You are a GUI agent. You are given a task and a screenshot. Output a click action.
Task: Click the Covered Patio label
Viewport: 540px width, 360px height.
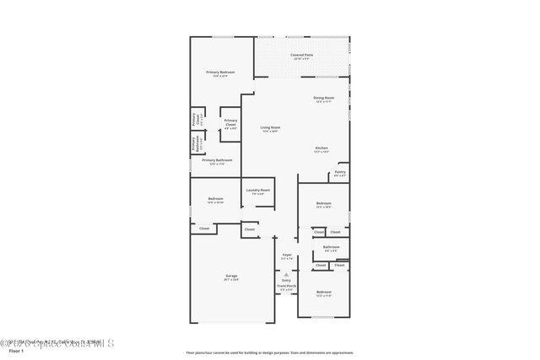coord(301,55)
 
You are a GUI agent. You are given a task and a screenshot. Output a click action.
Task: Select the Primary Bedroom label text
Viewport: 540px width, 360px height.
coord(220,73)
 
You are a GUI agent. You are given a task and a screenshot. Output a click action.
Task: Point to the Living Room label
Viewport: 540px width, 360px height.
coord(270,127)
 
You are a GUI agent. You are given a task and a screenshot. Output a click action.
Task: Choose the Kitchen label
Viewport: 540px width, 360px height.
coord(321,148)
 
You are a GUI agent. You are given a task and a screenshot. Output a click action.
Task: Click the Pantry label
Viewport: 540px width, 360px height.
coord(339,172)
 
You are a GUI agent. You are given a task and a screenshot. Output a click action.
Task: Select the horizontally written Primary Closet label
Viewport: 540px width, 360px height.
coord(230,121)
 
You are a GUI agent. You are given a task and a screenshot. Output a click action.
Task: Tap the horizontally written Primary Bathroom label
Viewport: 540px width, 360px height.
coord(217,160)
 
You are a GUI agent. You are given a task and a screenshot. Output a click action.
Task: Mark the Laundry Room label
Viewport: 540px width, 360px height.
coord(258,191)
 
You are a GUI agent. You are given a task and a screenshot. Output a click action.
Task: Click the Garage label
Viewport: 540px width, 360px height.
coord(231,277)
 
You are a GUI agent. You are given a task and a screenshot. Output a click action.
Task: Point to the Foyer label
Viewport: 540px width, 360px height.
coord(287,255)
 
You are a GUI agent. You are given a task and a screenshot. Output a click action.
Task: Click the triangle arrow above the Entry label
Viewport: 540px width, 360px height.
coord(287,274)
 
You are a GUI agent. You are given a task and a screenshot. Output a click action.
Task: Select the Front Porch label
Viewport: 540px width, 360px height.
coord(287,287)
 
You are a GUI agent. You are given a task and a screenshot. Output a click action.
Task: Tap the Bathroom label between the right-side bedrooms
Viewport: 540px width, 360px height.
coord(331,247)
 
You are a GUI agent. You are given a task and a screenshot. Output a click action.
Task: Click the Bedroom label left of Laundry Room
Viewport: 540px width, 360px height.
coord(214,199)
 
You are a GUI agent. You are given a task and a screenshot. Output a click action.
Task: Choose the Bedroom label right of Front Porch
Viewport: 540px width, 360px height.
coord(324,293)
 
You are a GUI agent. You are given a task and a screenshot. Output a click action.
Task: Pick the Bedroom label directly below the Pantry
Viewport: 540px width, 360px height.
coord(324,204)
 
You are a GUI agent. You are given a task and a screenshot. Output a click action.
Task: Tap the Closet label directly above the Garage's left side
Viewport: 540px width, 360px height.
coord(204,228)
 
